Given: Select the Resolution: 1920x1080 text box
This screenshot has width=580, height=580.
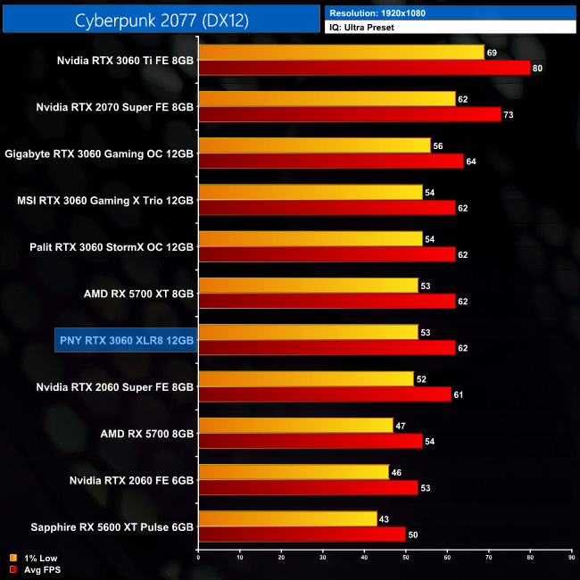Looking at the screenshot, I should pos(451,12).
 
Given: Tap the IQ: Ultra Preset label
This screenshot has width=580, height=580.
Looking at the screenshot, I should pos(451,28).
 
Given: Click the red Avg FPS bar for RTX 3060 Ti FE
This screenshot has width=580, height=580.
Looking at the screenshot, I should pos(364,68).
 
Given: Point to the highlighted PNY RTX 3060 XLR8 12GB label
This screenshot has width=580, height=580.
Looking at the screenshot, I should pos(125,339).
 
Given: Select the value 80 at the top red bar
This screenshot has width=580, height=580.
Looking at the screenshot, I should pos(537,68).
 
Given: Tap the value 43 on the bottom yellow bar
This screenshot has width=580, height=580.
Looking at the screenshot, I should pos(385,518).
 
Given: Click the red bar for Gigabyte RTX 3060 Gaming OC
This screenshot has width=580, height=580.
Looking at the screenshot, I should pos(331,161).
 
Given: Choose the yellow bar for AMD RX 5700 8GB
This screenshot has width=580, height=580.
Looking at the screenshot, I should pos(295,426).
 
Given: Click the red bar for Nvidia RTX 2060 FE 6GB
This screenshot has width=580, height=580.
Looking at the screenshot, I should pos(309,487).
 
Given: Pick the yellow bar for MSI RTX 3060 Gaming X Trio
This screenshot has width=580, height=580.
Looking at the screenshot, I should pos(311,192).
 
